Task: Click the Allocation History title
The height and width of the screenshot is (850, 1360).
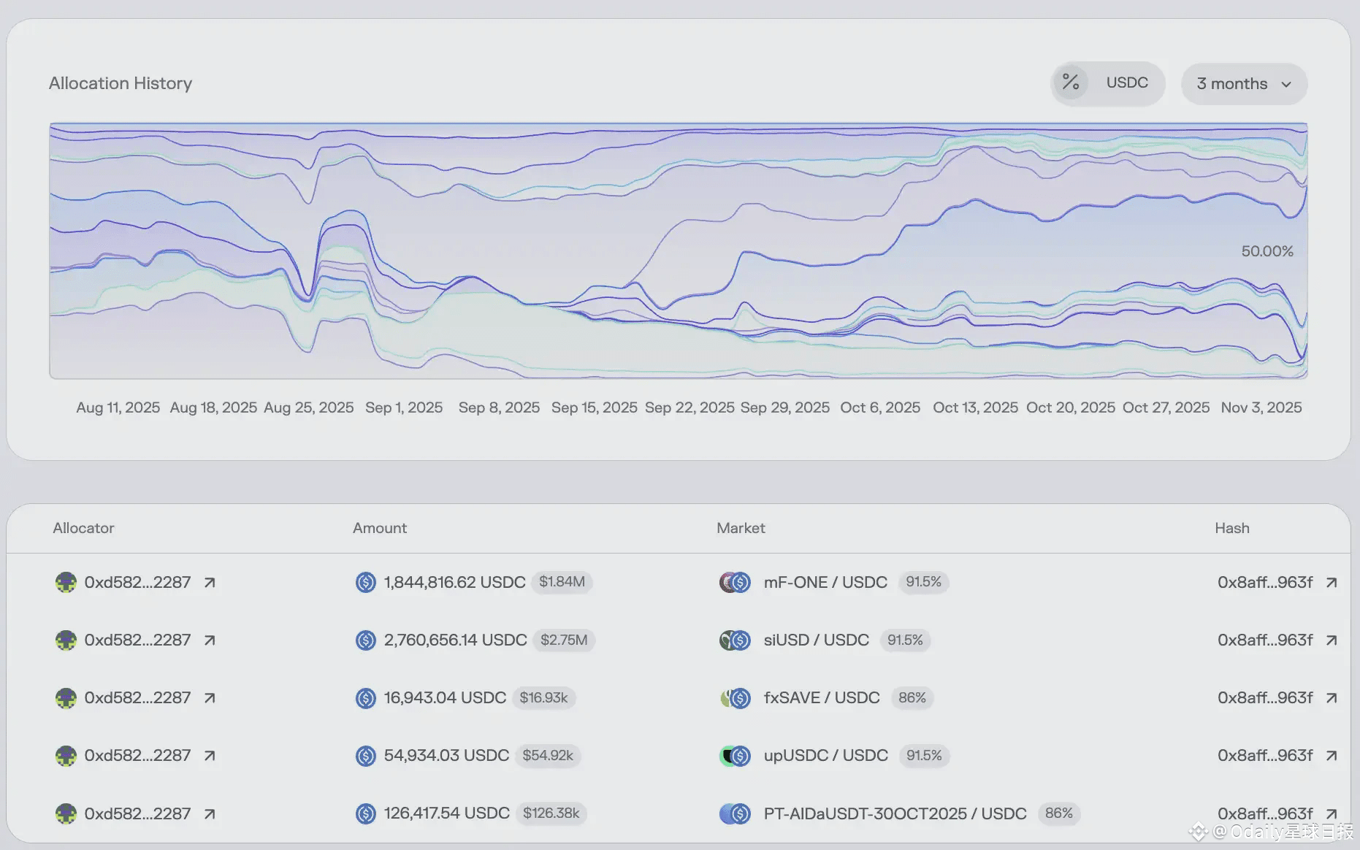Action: [x=121, y=83]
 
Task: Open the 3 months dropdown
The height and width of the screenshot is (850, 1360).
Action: [x=1244, y=84]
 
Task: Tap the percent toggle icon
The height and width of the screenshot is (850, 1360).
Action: [x=1071, y=83]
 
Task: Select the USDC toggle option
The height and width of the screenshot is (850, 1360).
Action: [x=1126, y=83]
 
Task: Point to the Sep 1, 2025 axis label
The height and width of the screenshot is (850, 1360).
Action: [x=404, y=407]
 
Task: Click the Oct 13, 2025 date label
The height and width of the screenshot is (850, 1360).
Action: [x=975, y=407]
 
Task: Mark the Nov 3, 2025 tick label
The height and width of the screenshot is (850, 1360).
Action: [x=1261, y=407]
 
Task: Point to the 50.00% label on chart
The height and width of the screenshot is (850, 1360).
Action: [x=1267, y=251]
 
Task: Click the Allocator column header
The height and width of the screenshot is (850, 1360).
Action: [x=83, y=528]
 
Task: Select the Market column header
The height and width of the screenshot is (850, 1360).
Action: [x=741, y=528]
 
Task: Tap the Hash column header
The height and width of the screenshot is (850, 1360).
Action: [x=1231, y=528]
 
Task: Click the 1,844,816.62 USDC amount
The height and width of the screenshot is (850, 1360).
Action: [x=454, y=582]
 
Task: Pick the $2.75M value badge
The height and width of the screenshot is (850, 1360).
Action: [x=564, y=640]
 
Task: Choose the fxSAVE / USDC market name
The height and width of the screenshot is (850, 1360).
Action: [x=822, y=697]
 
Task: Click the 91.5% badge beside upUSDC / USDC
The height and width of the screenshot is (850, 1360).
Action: [x=924, y=755]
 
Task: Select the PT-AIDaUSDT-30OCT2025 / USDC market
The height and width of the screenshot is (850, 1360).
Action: [x=895, y=813]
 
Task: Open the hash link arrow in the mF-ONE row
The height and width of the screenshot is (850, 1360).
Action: [x=1332, y=582]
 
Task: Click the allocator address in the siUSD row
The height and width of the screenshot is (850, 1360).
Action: [x=137, y=640]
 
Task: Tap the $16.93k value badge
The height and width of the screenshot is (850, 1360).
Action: [x=543, y=697]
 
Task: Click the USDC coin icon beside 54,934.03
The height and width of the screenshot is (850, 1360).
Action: [x=365, y=756]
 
